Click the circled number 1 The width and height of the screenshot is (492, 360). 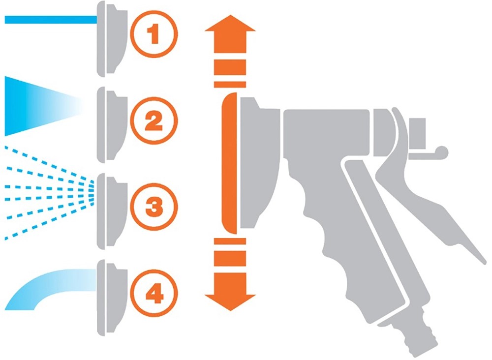coord(154,34)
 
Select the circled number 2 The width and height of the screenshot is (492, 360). coord(154,120)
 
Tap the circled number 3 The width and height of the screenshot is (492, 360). coord(154,207)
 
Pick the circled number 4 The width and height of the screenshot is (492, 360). coord(154,293)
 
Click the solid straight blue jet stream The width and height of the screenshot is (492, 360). coord(51,20)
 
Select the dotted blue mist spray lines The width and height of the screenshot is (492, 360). coord(49,193)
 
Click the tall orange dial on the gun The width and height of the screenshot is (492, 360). coord(229,163)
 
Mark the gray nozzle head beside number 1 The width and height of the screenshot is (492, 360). coord(111,39)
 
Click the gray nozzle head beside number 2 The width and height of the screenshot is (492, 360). coord(111,125)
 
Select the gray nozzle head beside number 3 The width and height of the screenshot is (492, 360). coord(111,211)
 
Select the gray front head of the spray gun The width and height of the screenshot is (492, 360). coord(260,163)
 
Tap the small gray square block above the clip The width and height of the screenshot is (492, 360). coord(417,134)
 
